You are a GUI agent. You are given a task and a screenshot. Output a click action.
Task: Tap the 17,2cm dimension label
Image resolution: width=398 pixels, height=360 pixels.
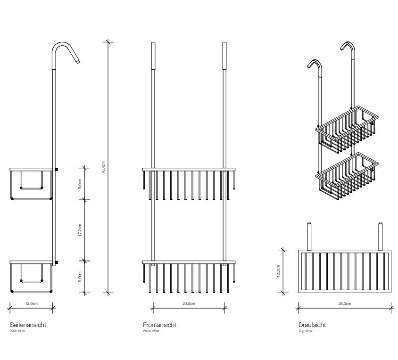(81, 230)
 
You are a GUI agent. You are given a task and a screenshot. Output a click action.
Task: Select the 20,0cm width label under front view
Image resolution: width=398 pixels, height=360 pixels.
(189, 304)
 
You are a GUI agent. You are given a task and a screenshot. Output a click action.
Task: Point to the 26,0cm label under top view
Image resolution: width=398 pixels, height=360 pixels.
(345, 304)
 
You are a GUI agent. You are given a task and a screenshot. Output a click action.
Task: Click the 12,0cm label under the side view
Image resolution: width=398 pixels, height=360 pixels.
(31, 304)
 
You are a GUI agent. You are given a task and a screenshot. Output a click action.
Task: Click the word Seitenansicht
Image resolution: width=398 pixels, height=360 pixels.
(28, 325)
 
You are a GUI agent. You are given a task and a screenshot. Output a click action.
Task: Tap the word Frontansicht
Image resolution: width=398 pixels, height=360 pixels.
(159, 325)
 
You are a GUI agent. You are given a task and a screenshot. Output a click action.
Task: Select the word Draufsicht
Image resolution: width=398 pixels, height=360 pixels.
(312, 325)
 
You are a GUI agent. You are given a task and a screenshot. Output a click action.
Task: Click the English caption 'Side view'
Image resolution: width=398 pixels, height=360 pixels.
(17, 331)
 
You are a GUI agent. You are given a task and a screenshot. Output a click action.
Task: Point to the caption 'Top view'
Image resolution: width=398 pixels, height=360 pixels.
(305, 331)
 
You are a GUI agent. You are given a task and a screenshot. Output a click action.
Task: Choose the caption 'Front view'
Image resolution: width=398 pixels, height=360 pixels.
(151, 331)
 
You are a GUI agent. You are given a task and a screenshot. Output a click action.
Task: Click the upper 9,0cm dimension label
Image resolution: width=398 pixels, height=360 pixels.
(81, 183)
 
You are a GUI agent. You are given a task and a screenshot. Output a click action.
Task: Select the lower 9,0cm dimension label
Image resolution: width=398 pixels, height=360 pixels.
(81, 276)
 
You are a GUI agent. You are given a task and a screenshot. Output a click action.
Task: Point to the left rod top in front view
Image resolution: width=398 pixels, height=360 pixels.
(153, 45)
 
